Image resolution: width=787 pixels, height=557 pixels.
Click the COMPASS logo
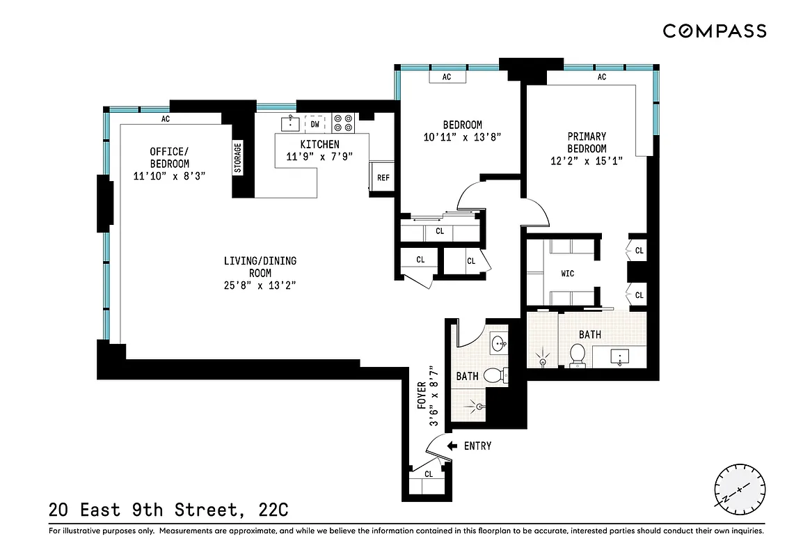click(714, 31)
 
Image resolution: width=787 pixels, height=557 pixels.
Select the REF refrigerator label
click(383, 178)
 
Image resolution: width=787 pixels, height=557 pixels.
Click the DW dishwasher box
click(315, 125)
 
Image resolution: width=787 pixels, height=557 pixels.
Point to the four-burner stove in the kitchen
click(342, 123)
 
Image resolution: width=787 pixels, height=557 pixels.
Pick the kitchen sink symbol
click(290, 124)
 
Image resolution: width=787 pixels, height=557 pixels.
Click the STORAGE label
click(238, 158)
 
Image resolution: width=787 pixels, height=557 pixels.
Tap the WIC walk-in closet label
click(568, 274)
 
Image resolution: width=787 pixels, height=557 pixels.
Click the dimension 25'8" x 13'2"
click(260, 285)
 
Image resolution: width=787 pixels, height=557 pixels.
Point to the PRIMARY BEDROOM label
click(587, 143)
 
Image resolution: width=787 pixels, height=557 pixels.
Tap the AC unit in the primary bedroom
click(602, 77)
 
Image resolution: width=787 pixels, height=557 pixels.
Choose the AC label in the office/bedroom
click(166, 119)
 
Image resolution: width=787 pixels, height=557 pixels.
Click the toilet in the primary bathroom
click(576, 356)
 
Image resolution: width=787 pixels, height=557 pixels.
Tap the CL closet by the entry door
click(429, 474)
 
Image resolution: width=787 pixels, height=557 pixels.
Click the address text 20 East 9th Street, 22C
click(168, 510)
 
